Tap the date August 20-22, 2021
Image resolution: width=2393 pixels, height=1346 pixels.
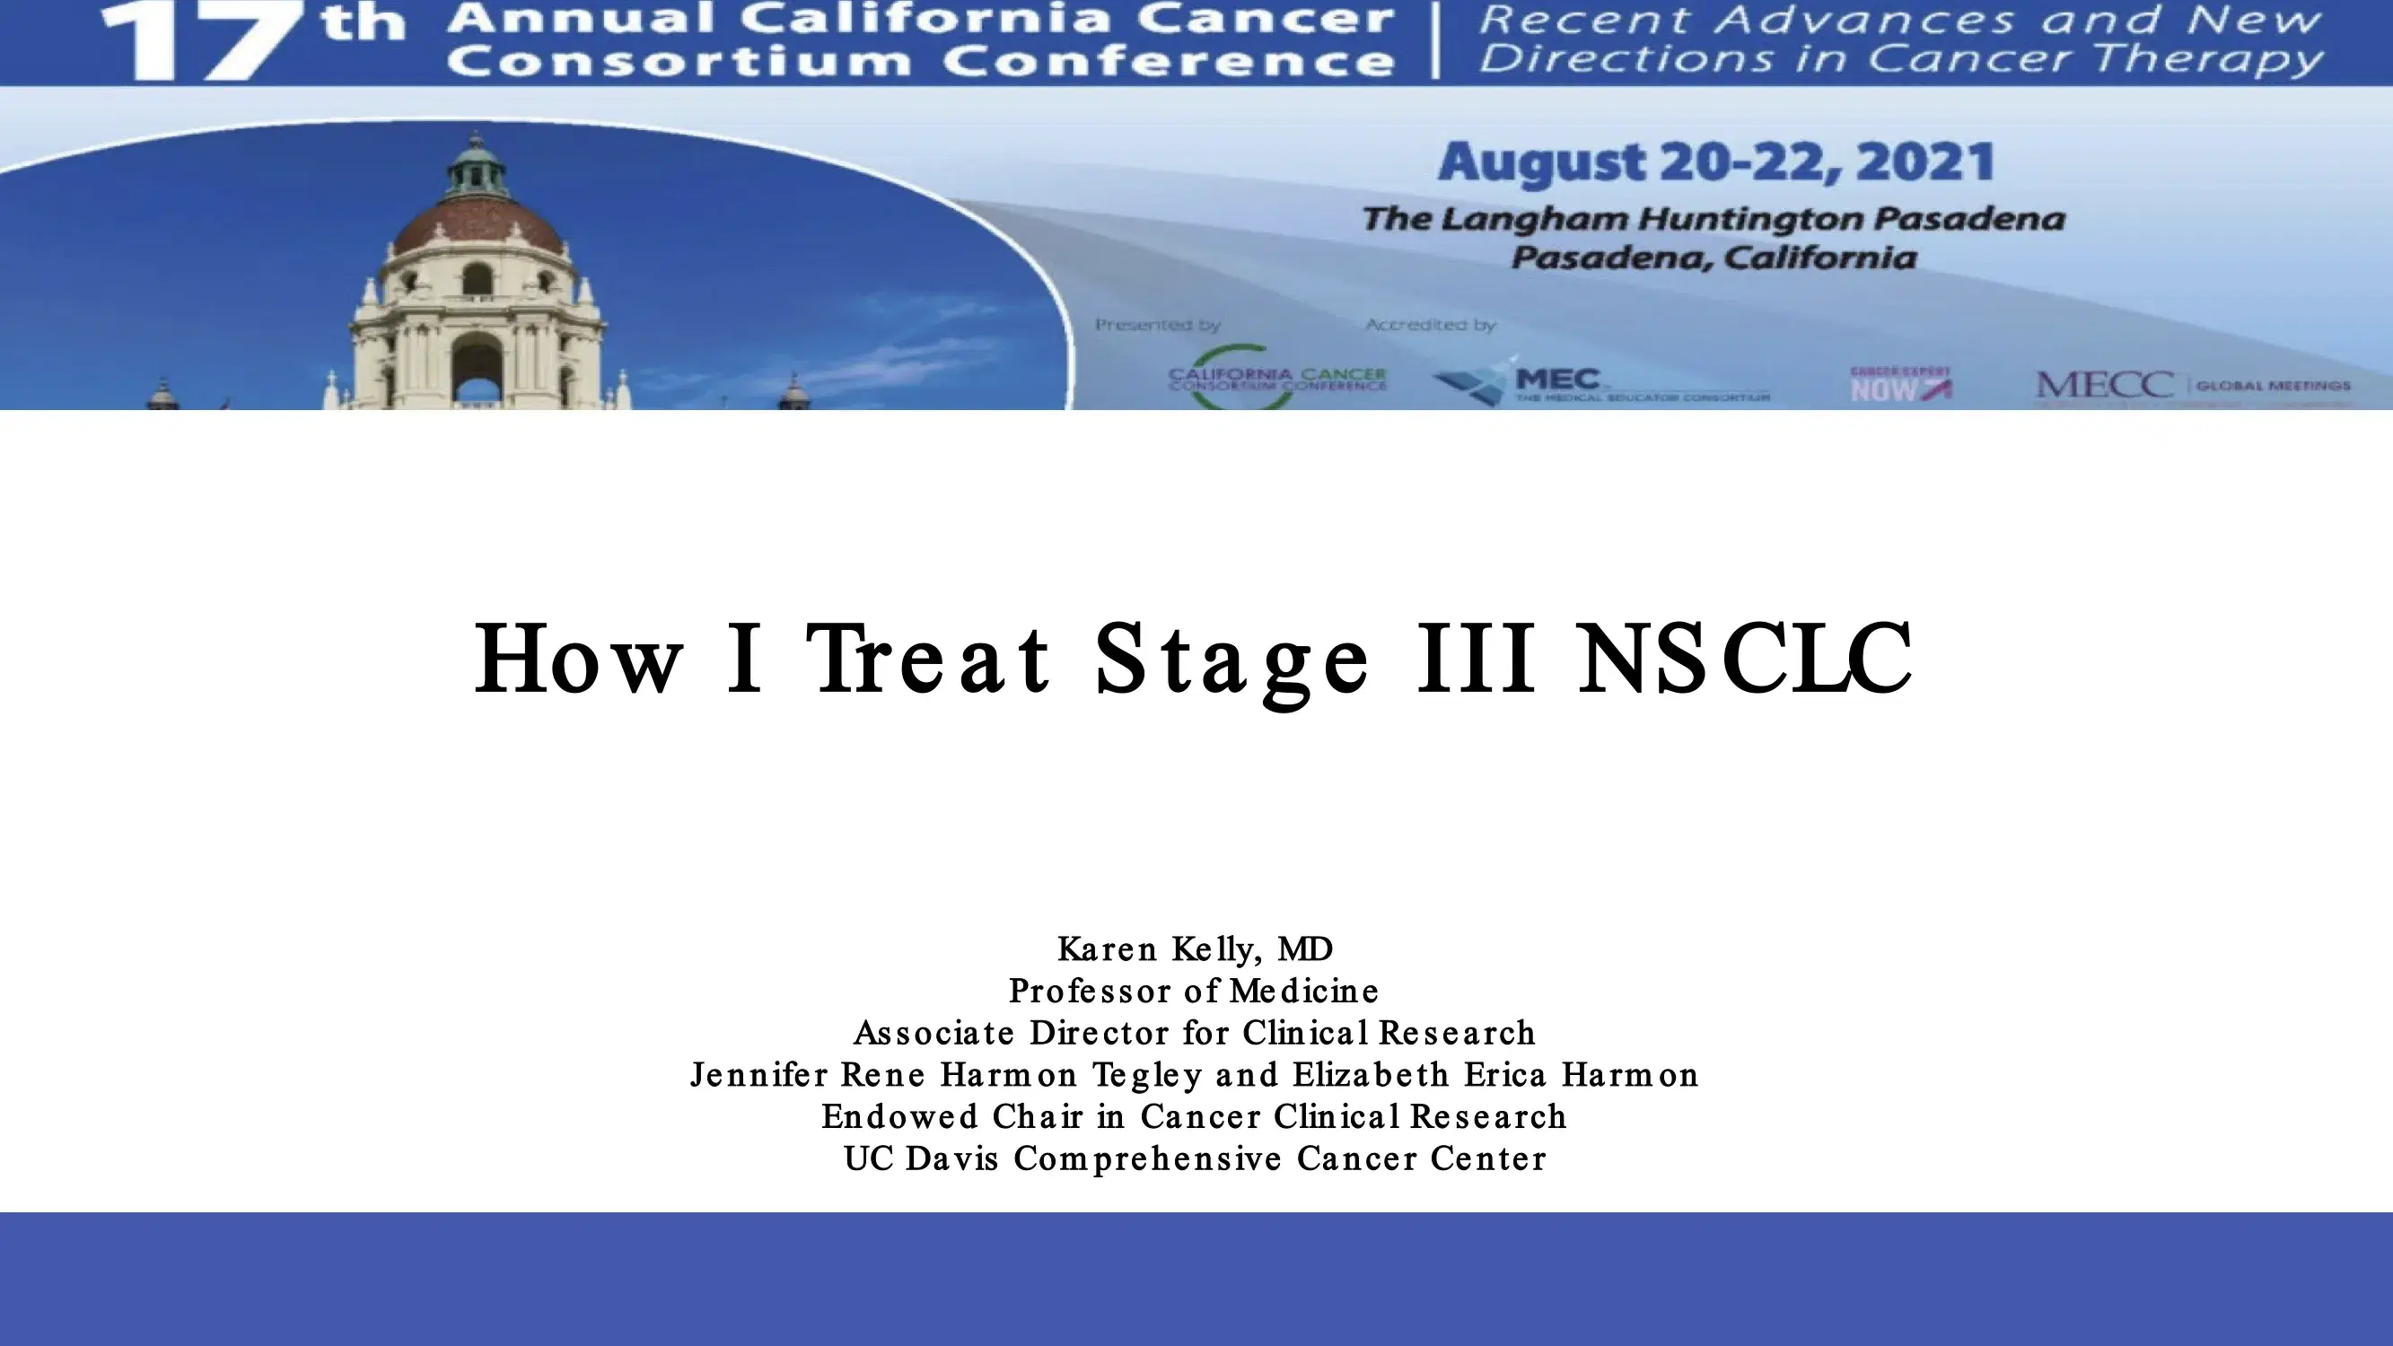click(1714, 162)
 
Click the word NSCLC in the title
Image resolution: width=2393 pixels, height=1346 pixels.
click(1746, 659)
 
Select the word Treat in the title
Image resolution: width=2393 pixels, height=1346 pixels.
click(929, 659)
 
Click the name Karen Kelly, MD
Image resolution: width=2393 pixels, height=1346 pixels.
click(1196, 948)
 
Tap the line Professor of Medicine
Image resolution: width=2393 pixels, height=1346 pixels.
click(1195, 991)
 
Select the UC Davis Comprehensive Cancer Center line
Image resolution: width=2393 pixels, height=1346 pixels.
click(1195, 1158)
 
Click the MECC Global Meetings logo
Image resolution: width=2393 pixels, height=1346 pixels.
click(2192, 384)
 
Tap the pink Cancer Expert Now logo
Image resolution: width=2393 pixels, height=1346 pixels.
click(1899, 384)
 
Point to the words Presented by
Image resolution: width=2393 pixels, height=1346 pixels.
click(1158, 325)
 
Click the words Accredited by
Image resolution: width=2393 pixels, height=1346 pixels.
click(1431, 325)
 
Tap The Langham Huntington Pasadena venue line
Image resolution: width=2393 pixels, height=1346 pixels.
click(1713, 219)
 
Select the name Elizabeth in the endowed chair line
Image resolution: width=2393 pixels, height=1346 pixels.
click(1371, 1075)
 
